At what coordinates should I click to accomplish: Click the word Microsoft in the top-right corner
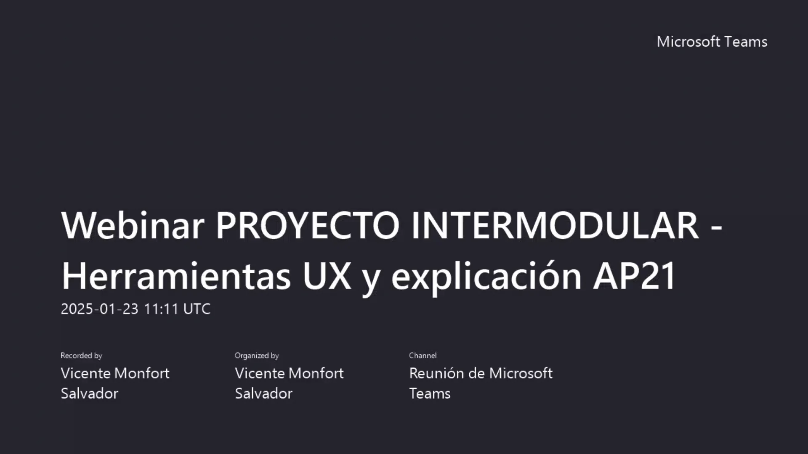click(x=688, y=42)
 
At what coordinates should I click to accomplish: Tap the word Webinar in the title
click(x=133, y=225)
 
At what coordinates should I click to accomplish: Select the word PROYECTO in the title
click(x=307, y=225)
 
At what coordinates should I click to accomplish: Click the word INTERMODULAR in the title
click(x=555, y=225)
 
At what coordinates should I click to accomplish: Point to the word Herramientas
click(x=176, y=276)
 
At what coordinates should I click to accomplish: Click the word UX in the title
click(x=327, y=276)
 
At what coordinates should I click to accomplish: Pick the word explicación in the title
click(x=486, y=276)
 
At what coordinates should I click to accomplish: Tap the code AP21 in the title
click(x=634, y=276)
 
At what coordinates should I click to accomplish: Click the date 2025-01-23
click(x=99, y=309)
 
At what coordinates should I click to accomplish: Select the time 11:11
click(x=162, y=309)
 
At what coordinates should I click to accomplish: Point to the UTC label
click(x=197, y=309)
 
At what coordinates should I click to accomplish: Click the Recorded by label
click(x=81, y=356)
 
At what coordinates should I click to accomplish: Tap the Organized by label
click(x=257, y=356)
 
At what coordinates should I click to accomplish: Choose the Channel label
click(x=423, y=356)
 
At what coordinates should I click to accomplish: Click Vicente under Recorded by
click(x=85, y=373)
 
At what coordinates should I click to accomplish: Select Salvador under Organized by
click(x=263, y=393)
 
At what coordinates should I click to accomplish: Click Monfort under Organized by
click(x=316, y=373)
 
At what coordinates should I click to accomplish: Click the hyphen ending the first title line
click(x=716, y=227)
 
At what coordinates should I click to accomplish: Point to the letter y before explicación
click(x=371, y=279)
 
